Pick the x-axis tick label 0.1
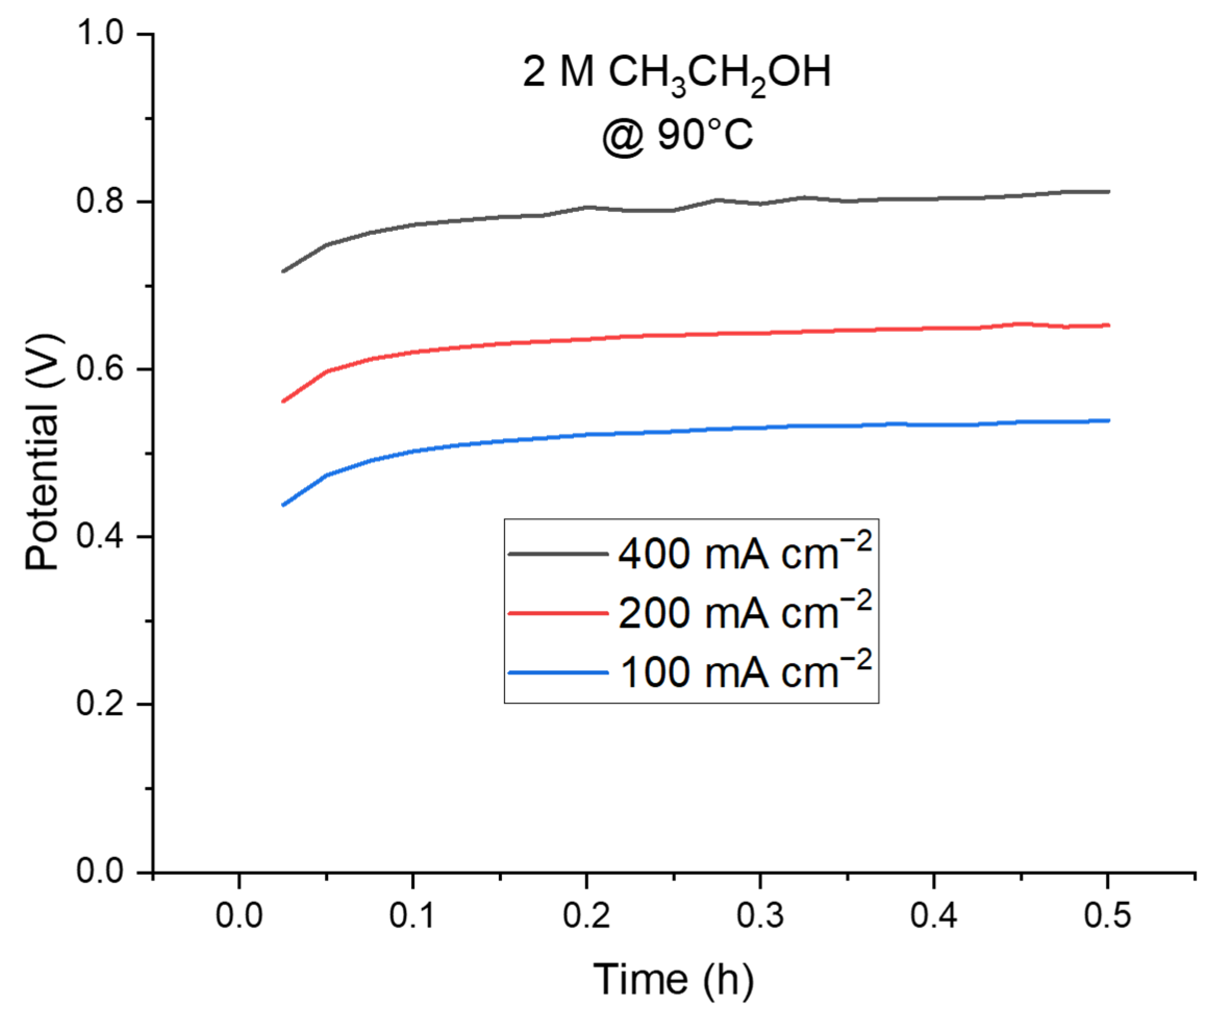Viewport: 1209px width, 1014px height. coord(412,916)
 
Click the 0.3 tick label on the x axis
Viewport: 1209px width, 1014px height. coord(760,916)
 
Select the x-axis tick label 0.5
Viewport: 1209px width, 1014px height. coord(1107,916)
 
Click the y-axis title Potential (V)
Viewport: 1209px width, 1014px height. coord(43,452)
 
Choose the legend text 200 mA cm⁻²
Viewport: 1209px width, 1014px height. coord(745,612)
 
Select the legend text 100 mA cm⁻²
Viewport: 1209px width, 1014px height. coord(745,671)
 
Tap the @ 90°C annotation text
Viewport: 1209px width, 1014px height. coord(676,136)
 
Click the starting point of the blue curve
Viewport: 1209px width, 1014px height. coord(283,505)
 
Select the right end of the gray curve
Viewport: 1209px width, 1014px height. coord(1108,191)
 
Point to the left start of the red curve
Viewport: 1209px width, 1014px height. coord(283,402)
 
